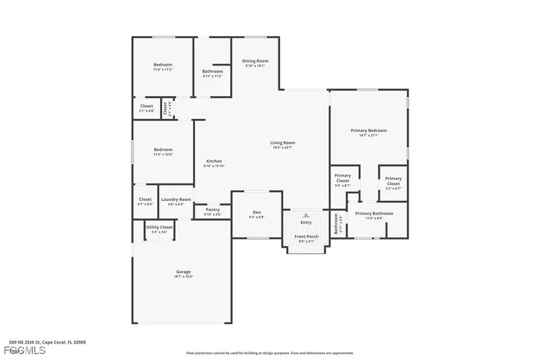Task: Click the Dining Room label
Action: point(255,61)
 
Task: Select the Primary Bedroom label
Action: point(368,130)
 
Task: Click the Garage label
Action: point(184,271)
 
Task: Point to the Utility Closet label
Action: point(159,227)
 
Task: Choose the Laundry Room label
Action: point(176,199)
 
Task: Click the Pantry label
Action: point(212,209)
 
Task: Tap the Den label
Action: point(257,212)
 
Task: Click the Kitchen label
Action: point(214,161)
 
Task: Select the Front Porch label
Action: point(306,236)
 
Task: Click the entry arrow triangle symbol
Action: point(306,215)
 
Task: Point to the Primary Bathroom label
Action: point(374,214)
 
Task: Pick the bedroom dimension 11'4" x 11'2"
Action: point(163,70)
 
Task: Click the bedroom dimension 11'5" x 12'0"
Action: point(163,155)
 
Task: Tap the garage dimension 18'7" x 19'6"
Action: point(184,277)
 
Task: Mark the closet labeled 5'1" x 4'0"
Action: point(146,111)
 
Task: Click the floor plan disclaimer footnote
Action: point(270,353)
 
